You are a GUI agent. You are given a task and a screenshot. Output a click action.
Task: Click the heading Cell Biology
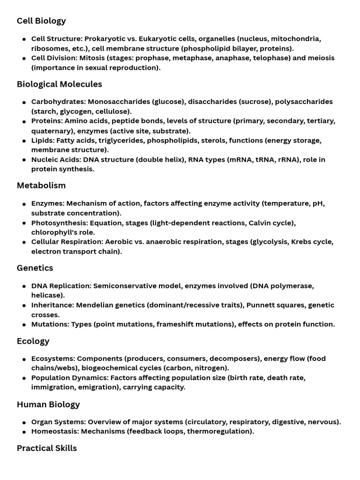(x=41, y=21)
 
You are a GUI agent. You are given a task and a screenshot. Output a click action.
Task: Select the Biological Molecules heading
(x=59, y=84)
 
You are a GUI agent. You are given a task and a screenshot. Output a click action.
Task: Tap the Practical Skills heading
(x=47, y=448)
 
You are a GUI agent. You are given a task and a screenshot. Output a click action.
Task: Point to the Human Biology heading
(x=48, y=404)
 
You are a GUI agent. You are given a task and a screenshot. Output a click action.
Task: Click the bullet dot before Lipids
(x=24, y=141)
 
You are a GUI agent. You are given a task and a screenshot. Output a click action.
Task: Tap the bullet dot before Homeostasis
(x=24, y=432)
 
